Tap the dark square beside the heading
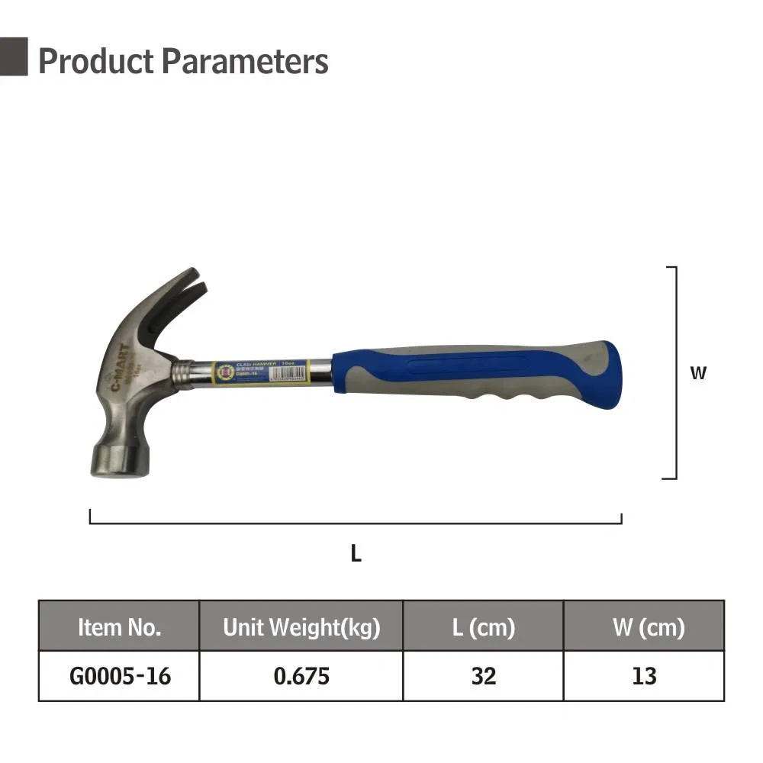point(14,56)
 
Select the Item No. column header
point(119,627)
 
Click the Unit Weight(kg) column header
point(301,627)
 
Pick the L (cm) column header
point(483,627)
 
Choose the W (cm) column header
point(644,627)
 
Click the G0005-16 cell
point(119,676)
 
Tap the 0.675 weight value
point(301,676)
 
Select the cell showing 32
point(483,676)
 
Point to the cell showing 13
point(644,676)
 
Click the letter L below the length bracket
point(356,555)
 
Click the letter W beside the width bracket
point(698,374)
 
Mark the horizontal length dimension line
point(356,523)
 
